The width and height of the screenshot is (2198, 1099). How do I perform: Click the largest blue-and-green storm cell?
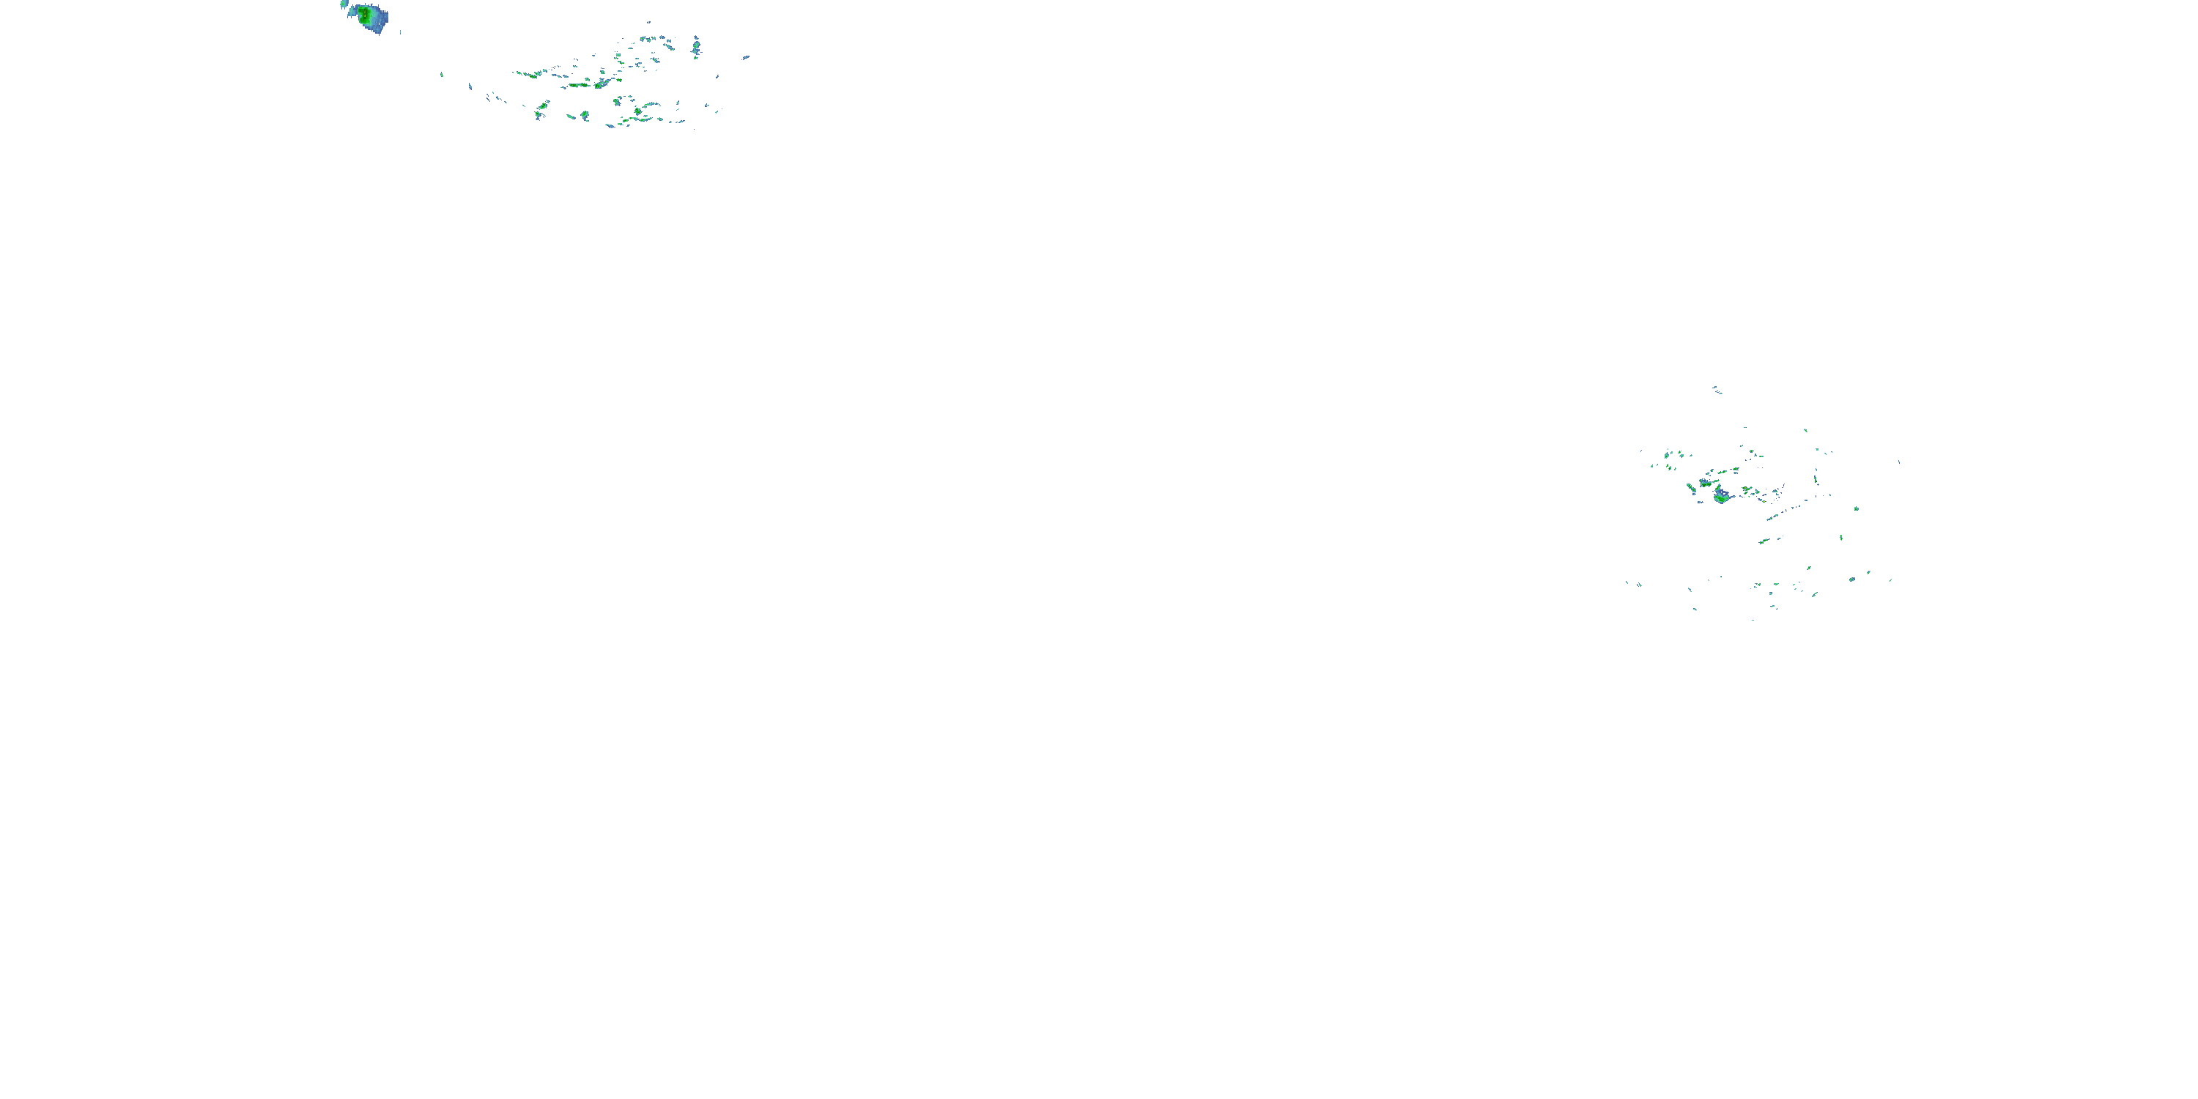pyautogui.click(x=371, y=17)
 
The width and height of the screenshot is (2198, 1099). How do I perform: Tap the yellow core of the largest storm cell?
pyautogui.click(x=365, y=14)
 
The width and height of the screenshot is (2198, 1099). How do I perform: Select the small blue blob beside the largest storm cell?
pyautogui.click(x=344, y=4)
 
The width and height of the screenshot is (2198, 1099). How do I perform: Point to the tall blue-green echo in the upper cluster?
pyautogui.click(x=696, y=46)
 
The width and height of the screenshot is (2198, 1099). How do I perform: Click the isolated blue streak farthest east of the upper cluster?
pyautogui.click(x=746, y=57)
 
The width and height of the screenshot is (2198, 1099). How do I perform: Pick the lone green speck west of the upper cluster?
pyautogui.click(x=441, y=74)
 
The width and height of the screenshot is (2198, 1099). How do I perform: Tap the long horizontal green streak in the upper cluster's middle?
pyautogui.click(x=582, y=84)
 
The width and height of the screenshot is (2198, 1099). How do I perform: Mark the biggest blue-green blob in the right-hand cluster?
pyautogui.click(x=1721, y=495)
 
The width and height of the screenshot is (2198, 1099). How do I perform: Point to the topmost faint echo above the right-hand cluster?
pyautogui.click(x=1716, y=390)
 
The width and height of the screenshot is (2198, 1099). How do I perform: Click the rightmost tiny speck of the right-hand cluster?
pyautogui.click(x=1899, y=462)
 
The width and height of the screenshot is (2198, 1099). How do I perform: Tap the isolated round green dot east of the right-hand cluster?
pyautogui.click(x=1857, y=508)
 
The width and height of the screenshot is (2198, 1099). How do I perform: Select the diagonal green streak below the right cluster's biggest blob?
pyautogui.click(x=1764, y=540)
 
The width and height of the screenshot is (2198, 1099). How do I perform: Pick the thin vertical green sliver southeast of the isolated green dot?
pyautogui.click(x=1840, y=538)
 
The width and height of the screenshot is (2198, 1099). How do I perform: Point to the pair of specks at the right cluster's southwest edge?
pyautogui.click(x=1634, y=584)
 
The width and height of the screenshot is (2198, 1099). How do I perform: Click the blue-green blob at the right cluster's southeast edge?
pyautogui.click(x=1851, y=580)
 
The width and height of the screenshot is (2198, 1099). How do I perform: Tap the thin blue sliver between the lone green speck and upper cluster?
pyautogui.click(x=470, y=86)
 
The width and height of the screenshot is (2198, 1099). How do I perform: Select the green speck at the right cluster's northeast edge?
pyautogui.click(x=1805, y=430)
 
